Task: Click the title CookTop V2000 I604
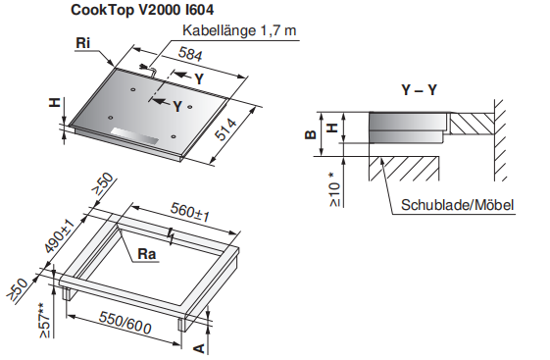(142, 10)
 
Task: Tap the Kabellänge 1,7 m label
(239, 30)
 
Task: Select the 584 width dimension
(190, 54)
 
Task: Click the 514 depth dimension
(225, 129)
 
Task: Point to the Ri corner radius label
(82, 43)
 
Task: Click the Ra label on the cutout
(147, 254)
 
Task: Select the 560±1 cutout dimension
(190, 212)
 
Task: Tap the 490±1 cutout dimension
(60, 236)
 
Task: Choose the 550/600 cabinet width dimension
(125, 323)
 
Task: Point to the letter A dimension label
(199, 348)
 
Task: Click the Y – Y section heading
(420, 90)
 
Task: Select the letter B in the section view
(311, 134)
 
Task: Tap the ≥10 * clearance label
(335, 189)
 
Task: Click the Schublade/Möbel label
(458, 205)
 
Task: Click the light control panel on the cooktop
(134, 136)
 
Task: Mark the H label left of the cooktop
(55, 102)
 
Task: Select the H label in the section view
(332, 127)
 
